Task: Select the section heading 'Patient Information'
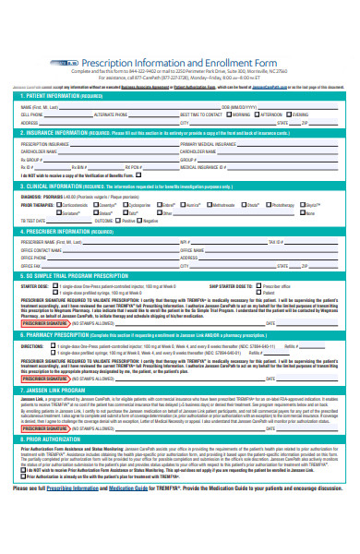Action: pyautogui.click(x=56, y=94)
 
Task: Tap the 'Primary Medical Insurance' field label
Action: pyautogui.click(x=206, y=144)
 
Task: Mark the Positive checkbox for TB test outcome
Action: pyautogui.click(x=143, y=220)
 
